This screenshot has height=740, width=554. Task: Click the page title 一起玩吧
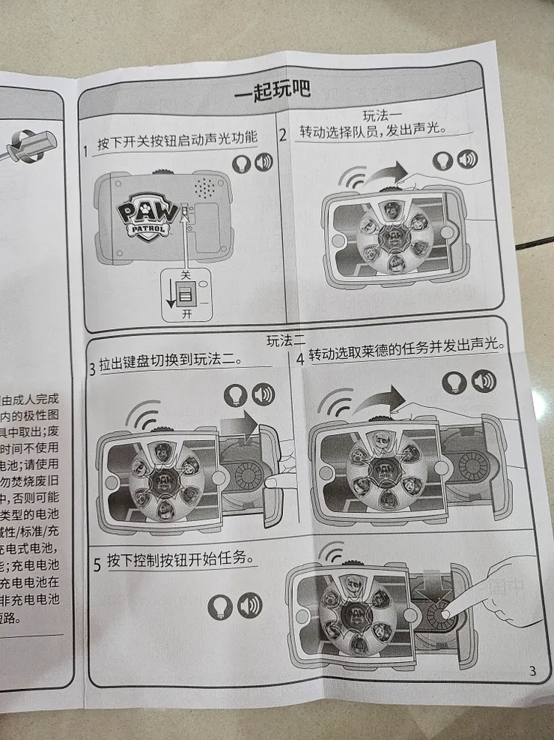[273, 91]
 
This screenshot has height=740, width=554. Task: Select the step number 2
[283, 136]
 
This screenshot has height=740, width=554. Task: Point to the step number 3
[92, 367]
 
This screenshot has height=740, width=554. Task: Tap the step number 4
[299, 358]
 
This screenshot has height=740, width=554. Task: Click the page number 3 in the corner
[532, 671]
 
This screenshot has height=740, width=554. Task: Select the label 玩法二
[286, 340]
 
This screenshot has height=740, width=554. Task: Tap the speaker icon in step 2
[467, 159]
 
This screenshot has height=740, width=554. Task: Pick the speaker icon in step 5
[249, 605]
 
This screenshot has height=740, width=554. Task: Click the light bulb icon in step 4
[454, 382]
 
